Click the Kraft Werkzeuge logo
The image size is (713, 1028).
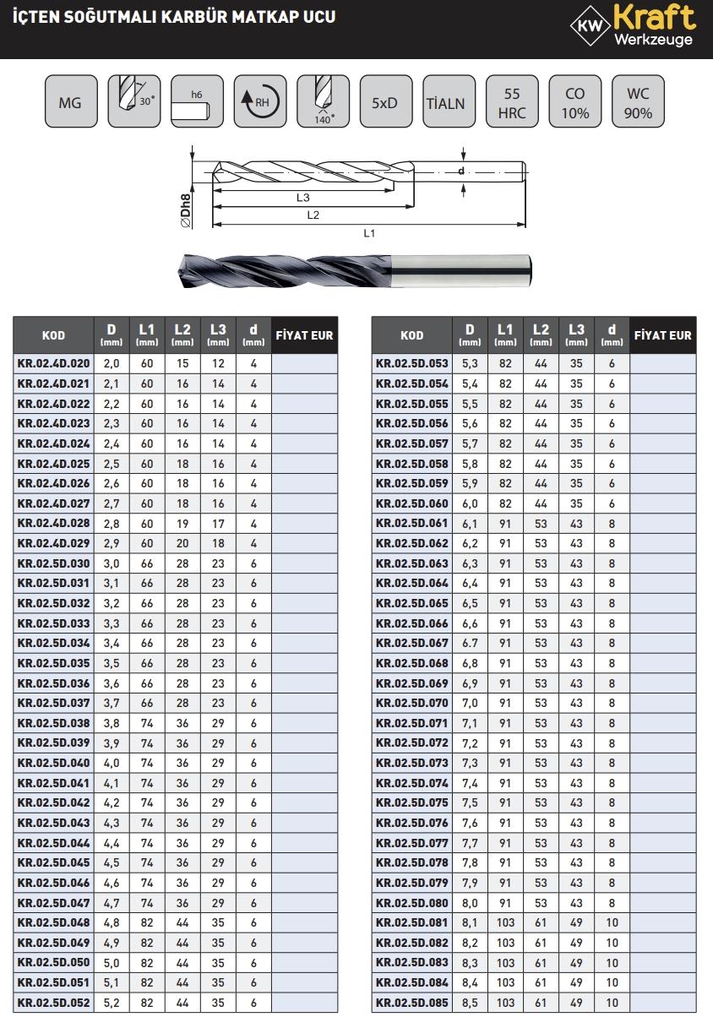(x=634, y=28)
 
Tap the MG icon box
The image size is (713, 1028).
(x=70, y=103)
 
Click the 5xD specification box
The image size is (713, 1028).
(x=384, y=103)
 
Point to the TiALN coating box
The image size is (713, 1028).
(x=448, y=103)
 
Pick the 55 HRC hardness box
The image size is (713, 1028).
(x=511, y=103)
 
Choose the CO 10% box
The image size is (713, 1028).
(x=574, y=103)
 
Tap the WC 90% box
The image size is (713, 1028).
(x=638, y=103)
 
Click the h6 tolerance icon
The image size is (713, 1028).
(x=196, y=103)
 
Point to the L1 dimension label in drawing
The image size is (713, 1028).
(x=369, y=233)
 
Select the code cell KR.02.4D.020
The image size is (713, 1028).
(x=53, y=363)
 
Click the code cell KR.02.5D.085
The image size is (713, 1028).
(x=412, y=1003)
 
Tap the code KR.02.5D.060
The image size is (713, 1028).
(x=412, y=503)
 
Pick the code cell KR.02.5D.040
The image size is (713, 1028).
(x=53, y=763)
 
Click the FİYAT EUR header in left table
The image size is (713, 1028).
(x=305, y=335)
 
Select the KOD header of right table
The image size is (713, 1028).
(x=411, y=335)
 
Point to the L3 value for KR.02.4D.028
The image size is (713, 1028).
(x=218, y=524)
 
